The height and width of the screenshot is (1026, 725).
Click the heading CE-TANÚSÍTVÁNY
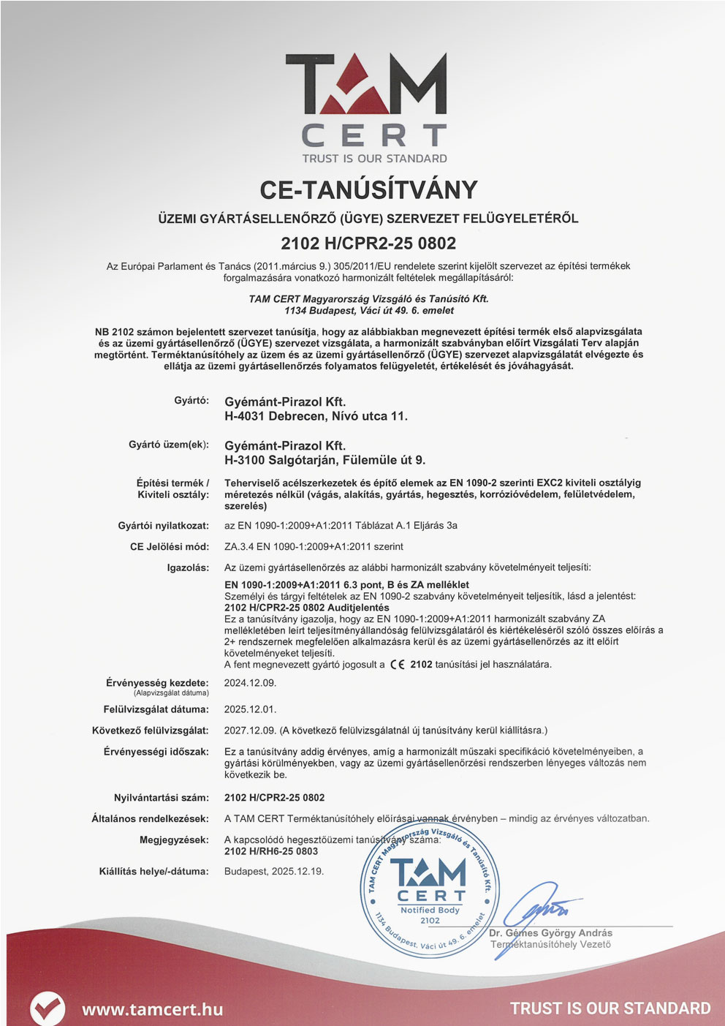pyautogui.click(x=368, y=190)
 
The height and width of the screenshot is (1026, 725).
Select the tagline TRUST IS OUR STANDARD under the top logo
pyautogui.click(x=374, y=159)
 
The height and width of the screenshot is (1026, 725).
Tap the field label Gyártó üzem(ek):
pyautogui.click(x=168, y=445)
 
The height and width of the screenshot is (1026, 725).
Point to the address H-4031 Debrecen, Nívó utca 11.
pyautogui.click(x=316, y=416)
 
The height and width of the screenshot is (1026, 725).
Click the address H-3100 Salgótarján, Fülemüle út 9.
pyautogui.click(x=324, y=460)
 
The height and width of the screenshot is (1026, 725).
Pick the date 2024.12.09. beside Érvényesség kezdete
pyautogui.click(x=250, y=683)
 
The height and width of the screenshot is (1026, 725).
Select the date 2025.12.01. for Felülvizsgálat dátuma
pyautogui.click(x=250, y=709)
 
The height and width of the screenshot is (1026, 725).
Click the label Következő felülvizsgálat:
pyautogui.click(x=150, y=731)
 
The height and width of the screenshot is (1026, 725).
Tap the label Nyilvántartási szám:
pyautogui.click(x=161, y=798)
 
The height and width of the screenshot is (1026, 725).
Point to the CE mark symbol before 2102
pyautogui.click(x=398, y=665)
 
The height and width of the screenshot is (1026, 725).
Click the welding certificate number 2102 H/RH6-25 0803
pyautogui.click(x=271, y=851)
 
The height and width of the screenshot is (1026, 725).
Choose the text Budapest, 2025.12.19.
pyautogui.click(x=274, y=872)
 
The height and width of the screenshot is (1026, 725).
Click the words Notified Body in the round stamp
pyautogui.click(x=430, y=910)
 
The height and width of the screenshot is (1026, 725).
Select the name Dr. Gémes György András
pyautogui.click(x=550, y=933)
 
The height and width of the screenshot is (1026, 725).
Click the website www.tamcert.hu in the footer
pyautogui.click(x=152, y=1009)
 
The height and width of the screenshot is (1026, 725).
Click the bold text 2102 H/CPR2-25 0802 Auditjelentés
pyautogui.click(x=306, y=608)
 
